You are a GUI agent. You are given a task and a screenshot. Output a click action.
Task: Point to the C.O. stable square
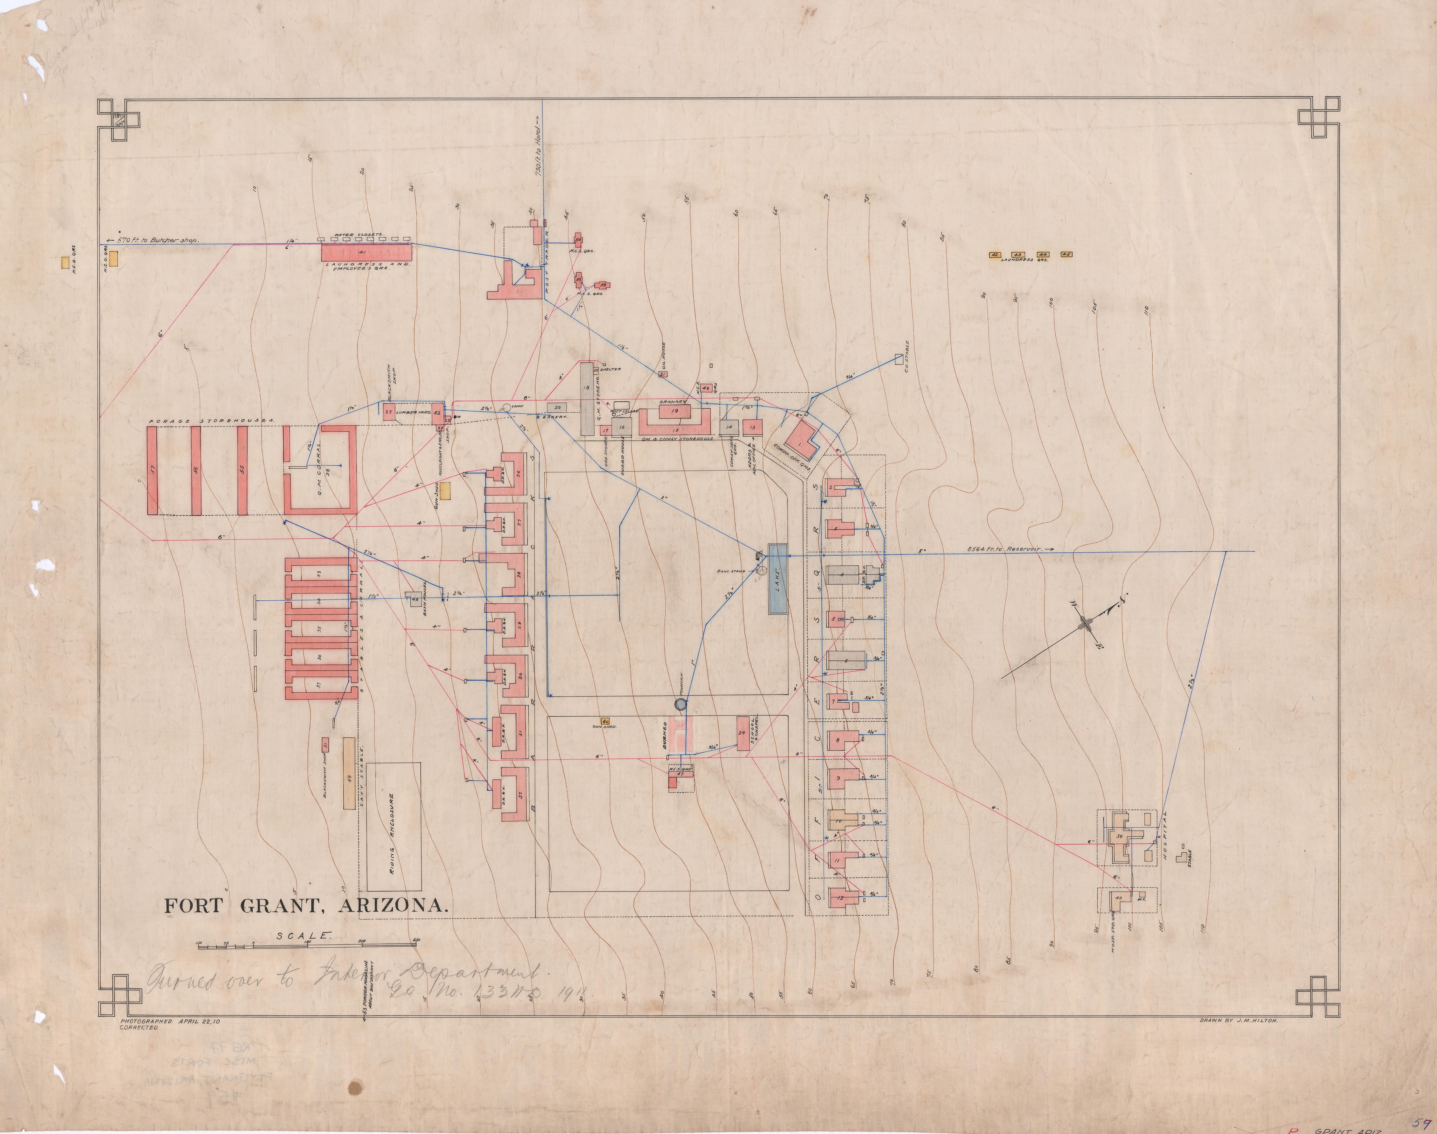coord(899,359)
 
